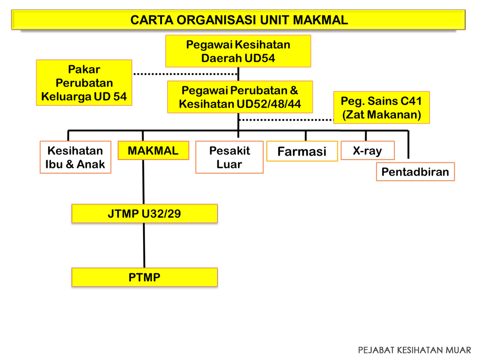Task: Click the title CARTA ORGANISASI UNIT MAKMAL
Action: click(x=239, y=20)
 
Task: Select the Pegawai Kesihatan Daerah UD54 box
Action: click(x=238, y=51)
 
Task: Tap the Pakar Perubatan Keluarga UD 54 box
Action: click(x=84, y=83)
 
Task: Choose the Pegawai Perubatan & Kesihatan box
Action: click(x=240, y=97)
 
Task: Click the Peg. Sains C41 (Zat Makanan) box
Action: click(x=382, y=108)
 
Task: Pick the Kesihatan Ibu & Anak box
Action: click(x=76, y=157)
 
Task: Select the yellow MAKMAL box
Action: click(x=153, y=151)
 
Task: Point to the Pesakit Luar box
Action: click(x=230, y=157)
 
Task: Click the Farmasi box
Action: click(x=302, y=151)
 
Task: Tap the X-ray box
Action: click(x=367, y=151)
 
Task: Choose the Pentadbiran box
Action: click(x=415, y=172)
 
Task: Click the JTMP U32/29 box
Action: click(x=145, y=214)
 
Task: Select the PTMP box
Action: click(x=145, y=277)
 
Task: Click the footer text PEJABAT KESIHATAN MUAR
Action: click(x=414, y=350)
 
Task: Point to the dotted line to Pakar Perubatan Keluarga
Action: click(x=186, y=74)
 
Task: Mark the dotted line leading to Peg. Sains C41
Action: click(x=286, y=120)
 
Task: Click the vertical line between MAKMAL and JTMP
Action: click(x=143, y=182)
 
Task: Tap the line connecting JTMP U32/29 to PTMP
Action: click(x=144, y=245)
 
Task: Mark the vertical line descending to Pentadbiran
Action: click(x=408, y=144)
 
